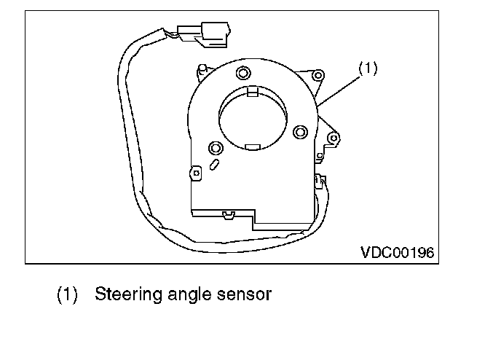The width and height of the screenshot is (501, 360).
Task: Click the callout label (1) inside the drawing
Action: point(368,69)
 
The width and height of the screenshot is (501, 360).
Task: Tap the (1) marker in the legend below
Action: point(67,294)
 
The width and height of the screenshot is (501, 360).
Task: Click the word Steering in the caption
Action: point(129,295)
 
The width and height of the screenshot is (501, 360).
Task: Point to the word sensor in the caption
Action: point(244,295)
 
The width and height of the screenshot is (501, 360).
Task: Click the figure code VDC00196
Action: point(398,253)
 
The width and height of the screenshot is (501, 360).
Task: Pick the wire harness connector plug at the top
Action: point(204,34)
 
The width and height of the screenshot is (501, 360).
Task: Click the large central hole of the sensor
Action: point(253,117)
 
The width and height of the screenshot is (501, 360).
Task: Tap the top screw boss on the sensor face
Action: point(243,73)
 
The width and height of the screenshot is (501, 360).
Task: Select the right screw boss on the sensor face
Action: point(300,132)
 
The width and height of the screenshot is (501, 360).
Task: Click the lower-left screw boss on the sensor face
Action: point(216,148)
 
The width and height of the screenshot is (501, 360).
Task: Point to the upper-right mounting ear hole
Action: point(318,76)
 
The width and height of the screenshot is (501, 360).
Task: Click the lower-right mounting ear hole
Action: point(334,138)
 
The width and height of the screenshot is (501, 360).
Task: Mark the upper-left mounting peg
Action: point(202,70)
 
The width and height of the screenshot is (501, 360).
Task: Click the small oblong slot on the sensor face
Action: point(214,165)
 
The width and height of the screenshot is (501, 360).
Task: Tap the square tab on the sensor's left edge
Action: point(196,173)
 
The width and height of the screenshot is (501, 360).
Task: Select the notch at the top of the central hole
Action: point(253,91)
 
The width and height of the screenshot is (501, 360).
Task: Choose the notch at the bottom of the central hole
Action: point(253,147)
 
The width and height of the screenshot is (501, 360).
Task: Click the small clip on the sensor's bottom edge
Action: point(229,215)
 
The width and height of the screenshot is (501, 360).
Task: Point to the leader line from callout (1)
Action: point(339,91)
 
